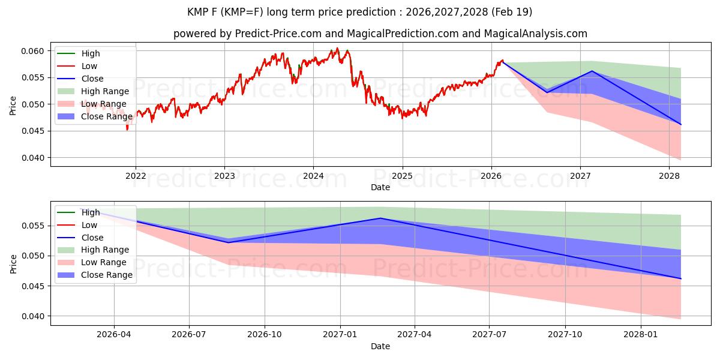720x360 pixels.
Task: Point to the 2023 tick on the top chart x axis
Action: point(224,176)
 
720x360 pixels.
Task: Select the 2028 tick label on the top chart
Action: point(669,176)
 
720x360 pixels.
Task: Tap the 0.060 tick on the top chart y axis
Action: point(33,51)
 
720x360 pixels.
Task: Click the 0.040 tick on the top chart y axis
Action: point(33,158)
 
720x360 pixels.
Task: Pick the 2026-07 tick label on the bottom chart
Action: point(189,335)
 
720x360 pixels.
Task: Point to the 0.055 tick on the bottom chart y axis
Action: point(33,226)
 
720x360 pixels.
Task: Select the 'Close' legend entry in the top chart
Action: point(92,79)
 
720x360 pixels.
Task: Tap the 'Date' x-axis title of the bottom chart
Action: point(380,346)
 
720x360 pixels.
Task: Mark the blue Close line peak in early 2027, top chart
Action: point(592,71)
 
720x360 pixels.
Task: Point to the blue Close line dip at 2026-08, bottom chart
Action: point(228,242)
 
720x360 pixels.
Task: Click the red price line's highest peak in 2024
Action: point(337,48)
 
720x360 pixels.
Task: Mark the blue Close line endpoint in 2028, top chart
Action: point(680,125)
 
